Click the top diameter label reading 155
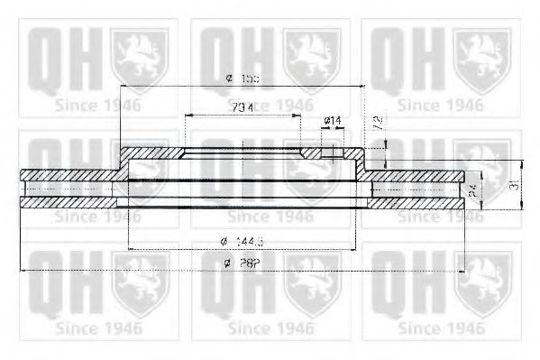243,79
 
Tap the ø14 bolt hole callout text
331,120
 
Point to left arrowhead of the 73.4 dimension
187,116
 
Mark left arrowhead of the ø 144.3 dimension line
133,248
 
